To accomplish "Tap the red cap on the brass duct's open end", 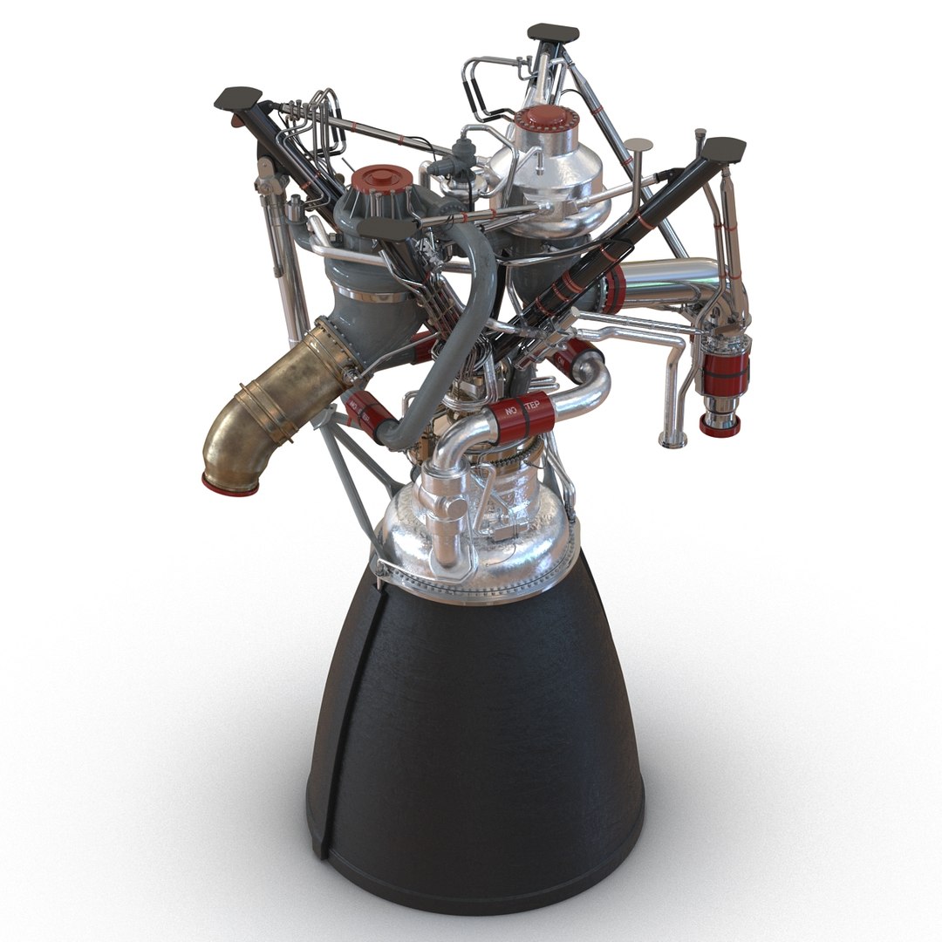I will (x=229, y=482).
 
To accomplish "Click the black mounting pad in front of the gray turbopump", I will (x=387, y=228).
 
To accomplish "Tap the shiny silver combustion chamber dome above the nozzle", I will (x=475, y=532).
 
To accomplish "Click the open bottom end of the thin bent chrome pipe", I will (x=672, y=441).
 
